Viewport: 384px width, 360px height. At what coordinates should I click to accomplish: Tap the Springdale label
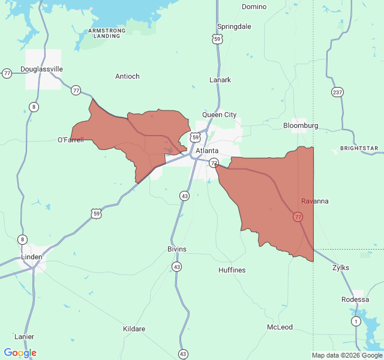coord(234,27)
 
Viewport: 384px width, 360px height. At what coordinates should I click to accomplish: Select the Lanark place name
coord(220,80)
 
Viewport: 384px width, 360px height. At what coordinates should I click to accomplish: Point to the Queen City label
coord(219,115)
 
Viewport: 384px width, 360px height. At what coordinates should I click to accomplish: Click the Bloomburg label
coord(301,125)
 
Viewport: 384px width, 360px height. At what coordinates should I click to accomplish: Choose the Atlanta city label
coord(207,151)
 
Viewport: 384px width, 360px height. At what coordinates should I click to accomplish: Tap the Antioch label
coord(127,76)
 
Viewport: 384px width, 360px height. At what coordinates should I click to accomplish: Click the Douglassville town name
coord(41,69)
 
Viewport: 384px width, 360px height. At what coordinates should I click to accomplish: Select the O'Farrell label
coord(70,140)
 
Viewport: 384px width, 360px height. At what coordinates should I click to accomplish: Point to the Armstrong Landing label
coord(107,32)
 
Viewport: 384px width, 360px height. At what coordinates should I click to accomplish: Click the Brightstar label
coord(359,148)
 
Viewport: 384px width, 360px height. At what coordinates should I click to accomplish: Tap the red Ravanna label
coord(315,201)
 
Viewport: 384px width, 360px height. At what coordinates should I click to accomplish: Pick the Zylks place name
coord(341,268)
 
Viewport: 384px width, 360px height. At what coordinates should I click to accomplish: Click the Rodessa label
coord(355,299)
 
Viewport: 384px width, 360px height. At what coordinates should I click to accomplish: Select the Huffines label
coord(232,270)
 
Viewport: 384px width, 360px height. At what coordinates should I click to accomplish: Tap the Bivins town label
coord(177,249)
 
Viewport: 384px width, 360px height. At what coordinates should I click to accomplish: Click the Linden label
coord(32,257)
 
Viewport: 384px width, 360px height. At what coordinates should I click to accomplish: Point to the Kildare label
coord(134,329)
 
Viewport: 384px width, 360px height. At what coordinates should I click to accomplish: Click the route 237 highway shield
coord(338,92)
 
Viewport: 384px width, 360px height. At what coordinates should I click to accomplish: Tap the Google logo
coord(20,353)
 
